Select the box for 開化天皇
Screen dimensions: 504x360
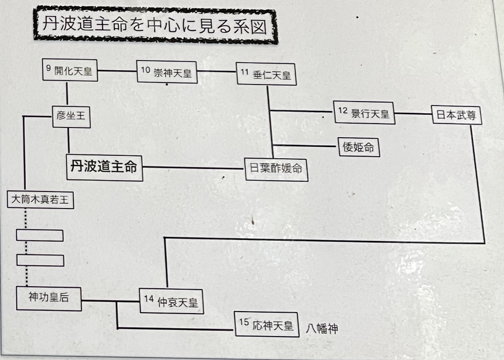(70, 71)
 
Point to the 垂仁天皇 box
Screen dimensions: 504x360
(266, 75)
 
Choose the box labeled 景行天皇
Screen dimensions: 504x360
(364, 113)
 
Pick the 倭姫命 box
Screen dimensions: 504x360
(358, 147)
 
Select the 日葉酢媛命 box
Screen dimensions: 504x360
(276, 169)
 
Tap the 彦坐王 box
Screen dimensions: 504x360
(71, 115)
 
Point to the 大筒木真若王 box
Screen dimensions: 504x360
(41, 199)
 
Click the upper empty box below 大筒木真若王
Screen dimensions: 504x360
(40, 235)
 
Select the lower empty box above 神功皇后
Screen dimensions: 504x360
(40, 260)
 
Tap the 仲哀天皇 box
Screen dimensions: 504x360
(171, 301)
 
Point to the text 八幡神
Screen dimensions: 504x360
(322, 328)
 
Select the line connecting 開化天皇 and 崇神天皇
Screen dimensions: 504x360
(117, 71)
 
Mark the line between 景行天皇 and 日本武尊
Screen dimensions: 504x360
(413, 114)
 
